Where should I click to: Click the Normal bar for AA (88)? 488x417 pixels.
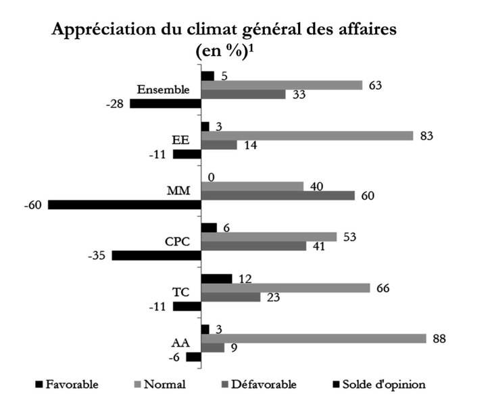click(x=314, y=338)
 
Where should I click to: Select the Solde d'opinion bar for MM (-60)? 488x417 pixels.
click(x=124, y=204)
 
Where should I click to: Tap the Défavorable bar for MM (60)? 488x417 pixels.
click(x=278, y=196)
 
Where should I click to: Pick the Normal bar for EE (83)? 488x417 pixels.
click(x=307, y=136)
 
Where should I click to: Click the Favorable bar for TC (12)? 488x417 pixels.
click(x=216, y=279)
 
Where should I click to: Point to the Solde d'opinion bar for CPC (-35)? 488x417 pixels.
click(x=156, y=255)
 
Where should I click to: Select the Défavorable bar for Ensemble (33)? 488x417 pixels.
click(x=243, y=94)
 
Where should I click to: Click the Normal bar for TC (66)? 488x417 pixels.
click(x=285, y=288)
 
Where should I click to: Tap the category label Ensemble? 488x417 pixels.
click(x=163, y=90)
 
